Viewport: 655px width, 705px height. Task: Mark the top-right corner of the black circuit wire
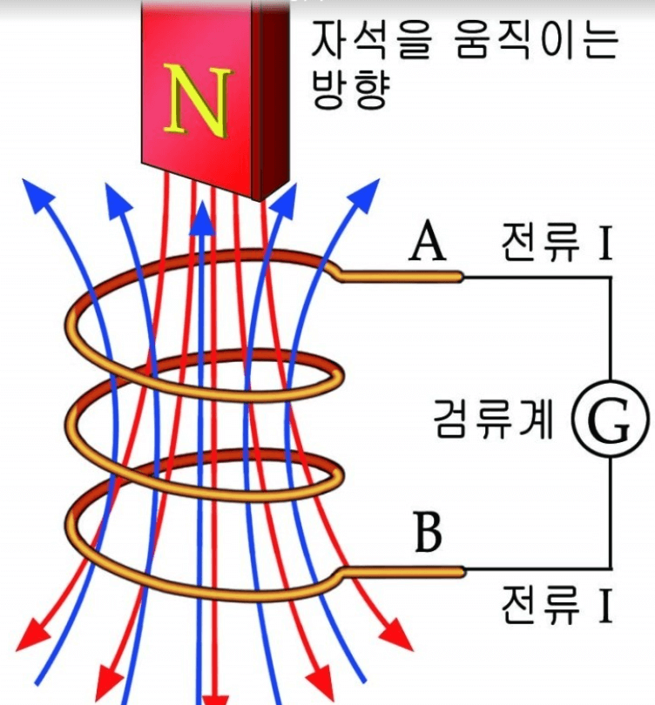(609, 279)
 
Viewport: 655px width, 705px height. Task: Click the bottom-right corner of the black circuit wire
(609, 570)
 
